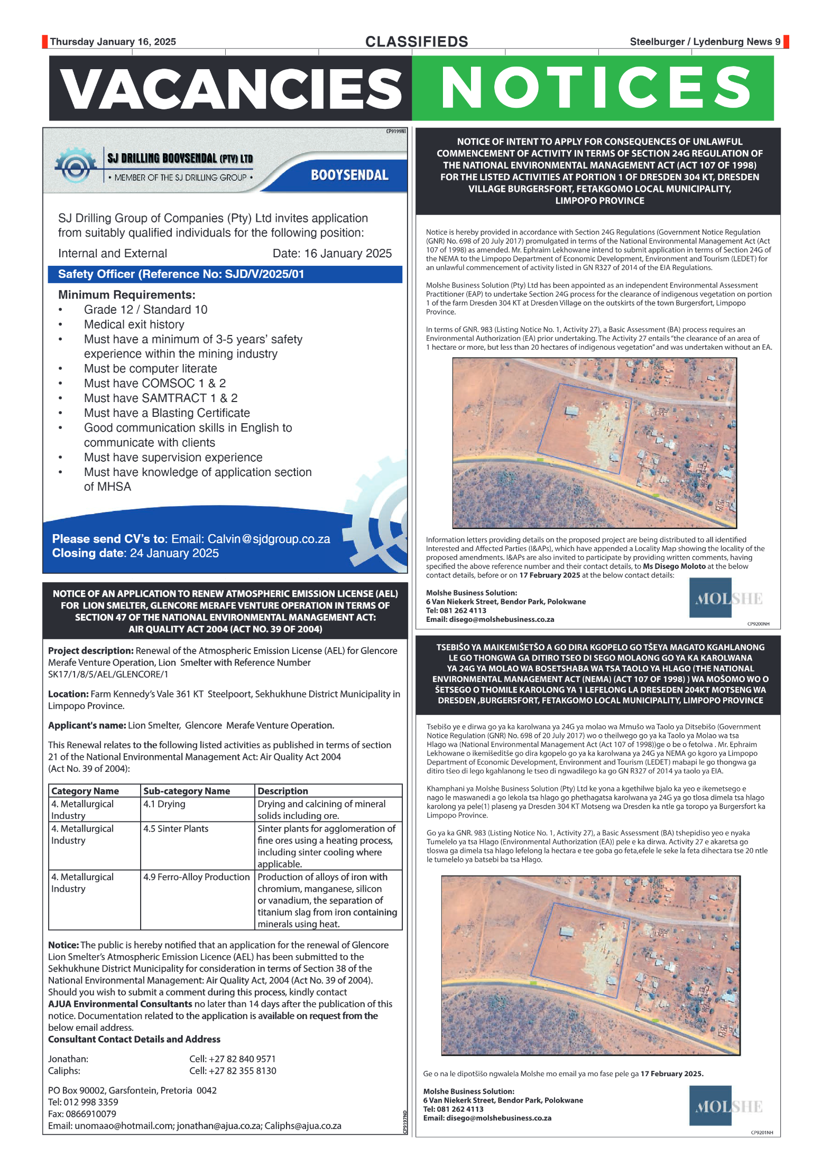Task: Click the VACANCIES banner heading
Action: [231, 89]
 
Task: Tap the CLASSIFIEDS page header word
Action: [417, 42]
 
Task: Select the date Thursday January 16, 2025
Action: [113, 42]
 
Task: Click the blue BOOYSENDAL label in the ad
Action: [349, 175]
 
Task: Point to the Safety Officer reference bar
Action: [225, 274]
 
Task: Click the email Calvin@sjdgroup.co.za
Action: [269, 539]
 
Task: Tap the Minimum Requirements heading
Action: [127, 295]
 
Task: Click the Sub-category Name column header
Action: [187, 791]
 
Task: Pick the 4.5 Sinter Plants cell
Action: [176, 828]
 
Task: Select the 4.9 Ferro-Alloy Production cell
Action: [196, 876]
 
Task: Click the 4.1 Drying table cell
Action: [164, 804]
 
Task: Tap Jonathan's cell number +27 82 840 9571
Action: [233, 1059]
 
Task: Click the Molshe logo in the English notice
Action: [728, 599]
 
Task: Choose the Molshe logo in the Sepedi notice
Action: [728, 1106]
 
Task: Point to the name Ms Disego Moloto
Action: [673, 566]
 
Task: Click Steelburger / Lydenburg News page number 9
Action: [778, 42]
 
